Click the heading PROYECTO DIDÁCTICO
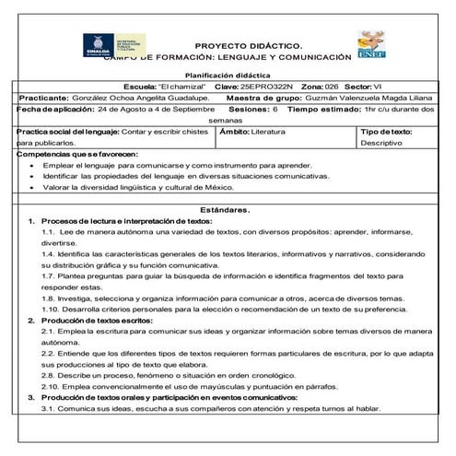click(x=255, y=45)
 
